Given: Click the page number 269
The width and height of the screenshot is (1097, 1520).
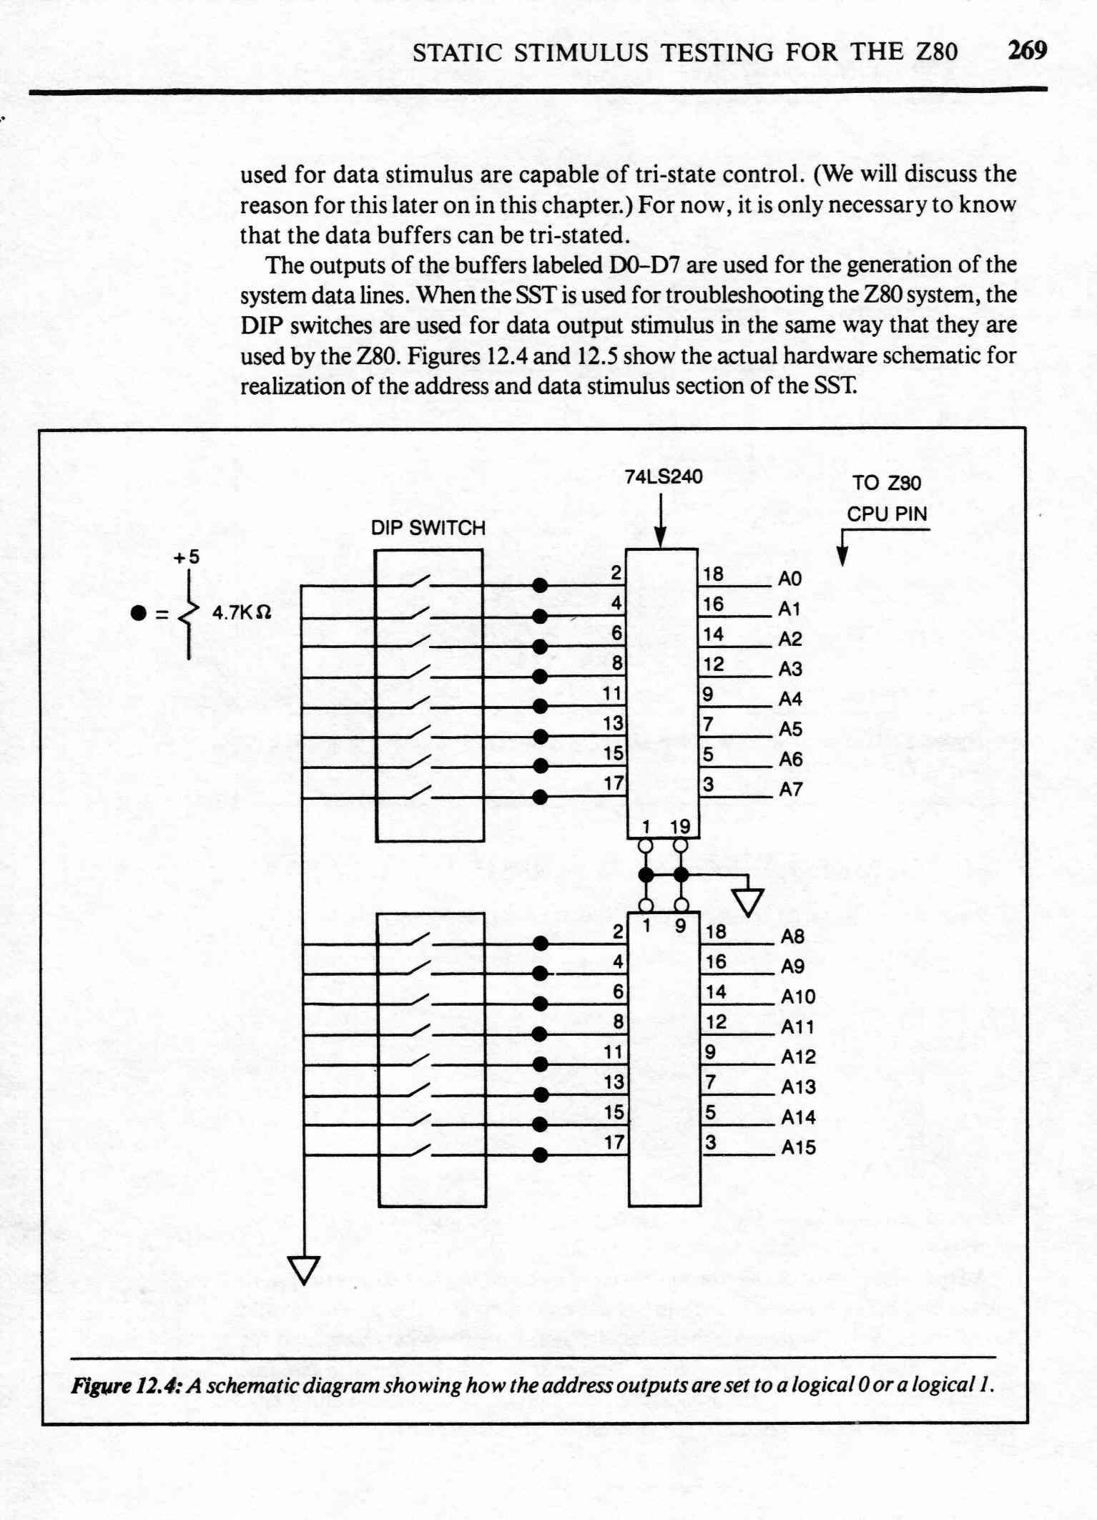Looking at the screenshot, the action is [x=1027, y=50].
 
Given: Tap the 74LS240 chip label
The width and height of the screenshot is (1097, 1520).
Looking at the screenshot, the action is [x=664, y=476].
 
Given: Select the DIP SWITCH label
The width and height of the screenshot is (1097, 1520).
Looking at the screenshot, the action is [x=428, y=528].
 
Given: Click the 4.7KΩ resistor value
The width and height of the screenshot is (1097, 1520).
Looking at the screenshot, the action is [x=242, y=613].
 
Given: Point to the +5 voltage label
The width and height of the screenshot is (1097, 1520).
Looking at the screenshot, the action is [x=187, y=556].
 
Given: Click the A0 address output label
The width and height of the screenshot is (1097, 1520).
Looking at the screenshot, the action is [x=789, y=579].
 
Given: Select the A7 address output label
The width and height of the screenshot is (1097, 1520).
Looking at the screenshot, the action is [x=790, y=790].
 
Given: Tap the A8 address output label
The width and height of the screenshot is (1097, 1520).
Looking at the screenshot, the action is [x=792, y=936].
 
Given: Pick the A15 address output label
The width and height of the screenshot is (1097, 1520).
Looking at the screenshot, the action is [x=798, y=1147].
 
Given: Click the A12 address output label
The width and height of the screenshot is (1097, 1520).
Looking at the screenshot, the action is [x=798, y=1057].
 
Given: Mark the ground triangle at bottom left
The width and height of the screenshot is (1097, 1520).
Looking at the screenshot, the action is [x=304, y=1270].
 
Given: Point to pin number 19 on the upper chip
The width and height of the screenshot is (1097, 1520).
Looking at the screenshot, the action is [x=680, y=826].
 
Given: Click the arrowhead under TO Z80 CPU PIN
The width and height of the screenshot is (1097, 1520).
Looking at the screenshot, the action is [x=842, y=557].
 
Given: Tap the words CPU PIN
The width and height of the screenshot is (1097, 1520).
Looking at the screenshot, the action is [x=887, y=514].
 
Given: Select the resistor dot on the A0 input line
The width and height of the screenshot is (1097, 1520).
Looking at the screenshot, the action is [x=541, y=586].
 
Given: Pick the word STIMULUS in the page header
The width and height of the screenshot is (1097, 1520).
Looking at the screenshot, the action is [x=581, y=52].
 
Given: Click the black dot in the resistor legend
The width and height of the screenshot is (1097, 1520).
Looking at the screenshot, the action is [x=138, y=613].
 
